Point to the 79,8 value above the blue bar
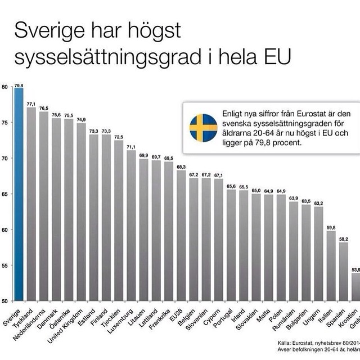19,85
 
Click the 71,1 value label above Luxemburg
130,147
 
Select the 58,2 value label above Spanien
343,239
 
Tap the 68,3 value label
181,166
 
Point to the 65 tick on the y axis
4,194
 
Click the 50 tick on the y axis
4,301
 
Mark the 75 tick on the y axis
4,123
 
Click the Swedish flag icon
203,128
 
